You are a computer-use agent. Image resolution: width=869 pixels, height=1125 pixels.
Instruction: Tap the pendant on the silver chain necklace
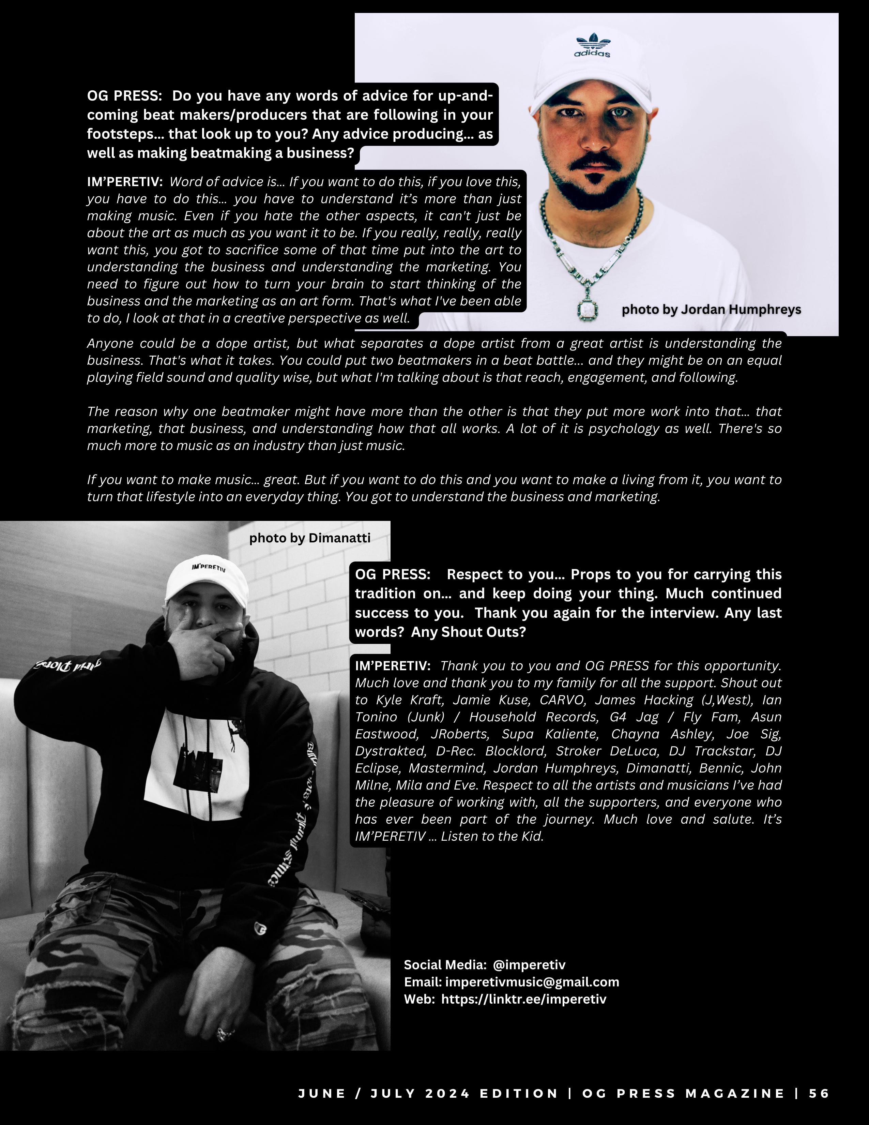tap(588, 310)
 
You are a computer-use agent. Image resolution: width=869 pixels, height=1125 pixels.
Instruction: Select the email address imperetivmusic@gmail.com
tap(532, 982)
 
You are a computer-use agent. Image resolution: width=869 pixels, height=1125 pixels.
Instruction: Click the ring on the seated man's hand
tap(225, 1033)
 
